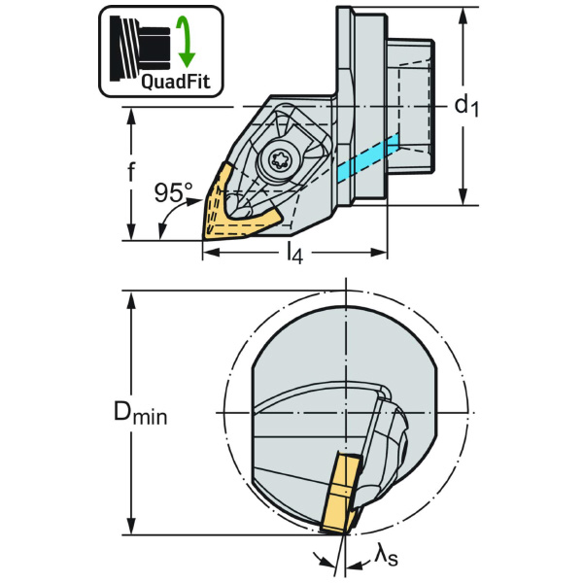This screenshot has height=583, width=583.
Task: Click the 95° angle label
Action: click(x=174, y=193)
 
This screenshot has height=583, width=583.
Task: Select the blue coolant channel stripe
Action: click(x=369, y=158)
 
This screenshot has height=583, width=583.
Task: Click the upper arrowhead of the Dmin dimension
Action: click(x=130, y=296)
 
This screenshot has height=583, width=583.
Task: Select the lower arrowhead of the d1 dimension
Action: click(x=463, y=198)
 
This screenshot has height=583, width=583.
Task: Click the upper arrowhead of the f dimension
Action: click(x=130, y=114)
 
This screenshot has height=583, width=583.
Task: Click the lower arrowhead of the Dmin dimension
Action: click(x=130, y=529)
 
